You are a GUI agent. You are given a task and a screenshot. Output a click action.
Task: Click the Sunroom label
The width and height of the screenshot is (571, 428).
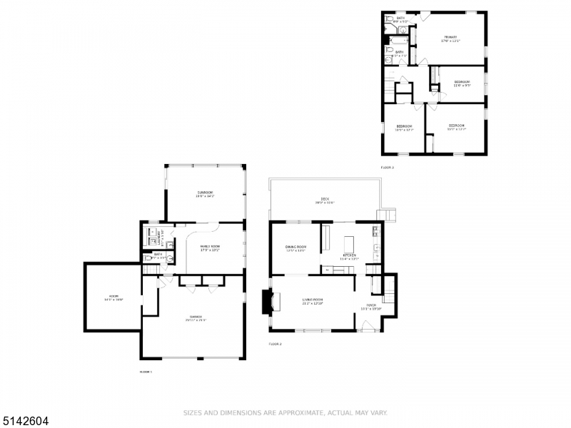pyautogui.click(x=206, y=193)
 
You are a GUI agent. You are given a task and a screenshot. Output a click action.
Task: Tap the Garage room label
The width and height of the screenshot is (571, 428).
pyautogui.click(x=195, y=317)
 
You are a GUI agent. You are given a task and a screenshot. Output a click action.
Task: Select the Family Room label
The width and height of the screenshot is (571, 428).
pyautogui.click(x=210, y=248)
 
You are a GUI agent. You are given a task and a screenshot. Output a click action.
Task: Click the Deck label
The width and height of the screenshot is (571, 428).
pyautogui.click(x=325, y=200)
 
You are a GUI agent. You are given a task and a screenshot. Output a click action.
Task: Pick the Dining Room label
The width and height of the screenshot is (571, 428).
pyautogui.click(x=295, y=248)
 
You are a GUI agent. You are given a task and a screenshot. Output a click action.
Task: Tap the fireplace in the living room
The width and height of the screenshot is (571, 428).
pyautogui.click(x=266, y=302)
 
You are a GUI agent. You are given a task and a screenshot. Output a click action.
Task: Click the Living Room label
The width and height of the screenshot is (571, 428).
pyautogui.click(x=313, y=302)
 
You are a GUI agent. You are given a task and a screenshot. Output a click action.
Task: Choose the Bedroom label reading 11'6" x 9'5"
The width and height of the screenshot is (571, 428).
pyautogui.click(x=462, y=84)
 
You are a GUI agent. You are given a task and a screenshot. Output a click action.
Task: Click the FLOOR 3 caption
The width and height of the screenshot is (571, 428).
pyautogui.click(x=387, y=168)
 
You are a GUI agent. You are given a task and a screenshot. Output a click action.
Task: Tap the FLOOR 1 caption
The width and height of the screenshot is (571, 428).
pyautogui.click(x=146, y=372)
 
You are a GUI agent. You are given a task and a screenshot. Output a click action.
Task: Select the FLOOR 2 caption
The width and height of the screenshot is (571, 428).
pyautogui.click(x=276, y=344)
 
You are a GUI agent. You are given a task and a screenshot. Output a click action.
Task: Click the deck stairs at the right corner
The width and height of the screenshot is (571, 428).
pyautogui.click(x=388, y=215)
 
